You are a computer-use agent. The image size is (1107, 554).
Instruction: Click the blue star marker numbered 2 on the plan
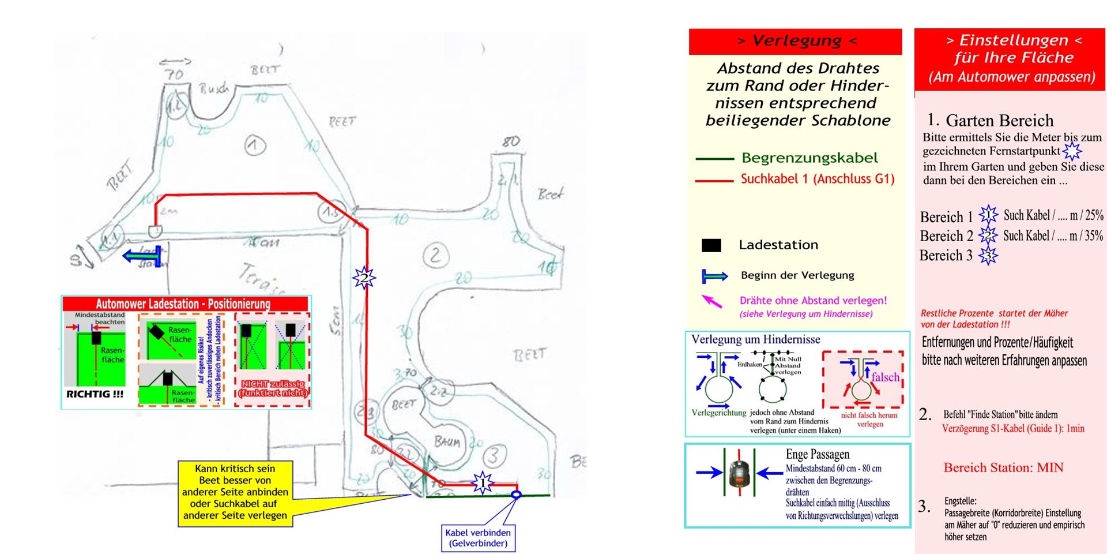pyautogui.click(x=364, y=278)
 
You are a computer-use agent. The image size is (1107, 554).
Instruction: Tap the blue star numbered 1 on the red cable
pyautogui.click(x=482, y=482)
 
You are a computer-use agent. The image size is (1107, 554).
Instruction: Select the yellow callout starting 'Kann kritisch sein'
pyautogui.click(x=235, y=492)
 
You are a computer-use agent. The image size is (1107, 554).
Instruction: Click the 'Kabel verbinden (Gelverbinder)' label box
pyautogui.click(x=478, y=538)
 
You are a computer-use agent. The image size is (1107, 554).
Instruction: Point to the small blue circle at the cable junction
pyautogui.click(x=516, y=495)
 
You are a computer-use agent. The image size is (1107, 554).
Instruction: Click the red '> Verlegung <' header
pyautogui.click(x=795, y=41)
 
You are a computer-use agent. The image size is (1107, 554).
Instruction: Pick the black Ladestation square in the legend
pyautogui.click(x=711, y=245)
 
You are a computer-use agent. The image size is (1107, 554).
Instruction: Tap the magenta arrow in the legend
pyautogui.click(x=711, y=301)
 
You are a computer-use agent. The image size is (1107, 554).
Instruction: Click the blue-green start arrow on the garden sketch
pyautogui.click(x=141, y=256)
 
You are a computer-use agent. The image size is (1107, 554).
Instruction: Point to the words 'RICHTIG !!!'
pyautogui.click(x=95, y=395)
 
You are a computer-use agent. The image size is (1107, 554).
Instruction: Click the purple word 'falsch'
pyautogui.click(x=885, y=377)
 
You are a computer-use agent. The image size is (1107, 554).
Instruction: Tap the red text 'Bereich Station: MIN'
pyautogui.click(x=1003, y=467)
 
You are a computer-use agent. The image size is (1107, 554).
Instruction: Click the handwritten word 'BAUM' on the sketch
pyautogui.click(x=447, y=442)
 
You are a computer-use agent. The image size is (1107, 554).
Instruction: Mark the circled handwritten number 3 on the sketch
pyautogui.click(x=493, y=456)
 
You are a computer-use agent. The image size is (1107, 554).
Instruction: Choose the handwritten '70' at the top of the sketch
pyautogui.click(x=174, y=74)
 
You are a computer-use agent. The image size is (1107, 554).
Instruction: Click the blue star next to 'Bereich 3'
pyautogui.click(x=988, y=256)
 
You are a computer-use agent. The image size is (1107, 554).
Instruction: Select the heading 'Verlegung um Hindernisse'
pyautogui.click(x=755, y=340)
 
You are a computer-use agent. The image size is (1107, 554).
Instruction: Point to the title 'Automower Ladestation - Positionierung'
pyautogui.click(x=183, y=304)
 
